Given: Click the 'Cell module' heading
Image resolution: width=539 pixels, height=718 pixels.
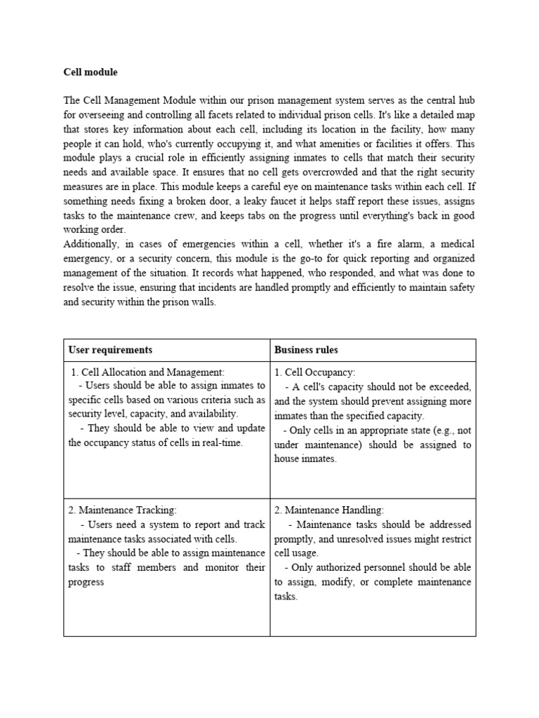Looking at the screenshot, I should [x=91, y=72].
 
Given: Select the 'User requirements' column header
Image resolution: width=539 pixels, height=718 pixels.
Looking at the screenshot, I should [x=110, y=350].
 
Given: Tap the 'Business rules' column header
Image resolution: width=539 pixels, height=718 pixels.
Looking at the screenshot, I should [x=306, y=350].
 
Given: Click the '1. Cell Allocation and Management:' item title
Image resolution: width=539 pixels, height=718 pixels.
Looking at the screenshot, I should [x=147, y=373].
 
